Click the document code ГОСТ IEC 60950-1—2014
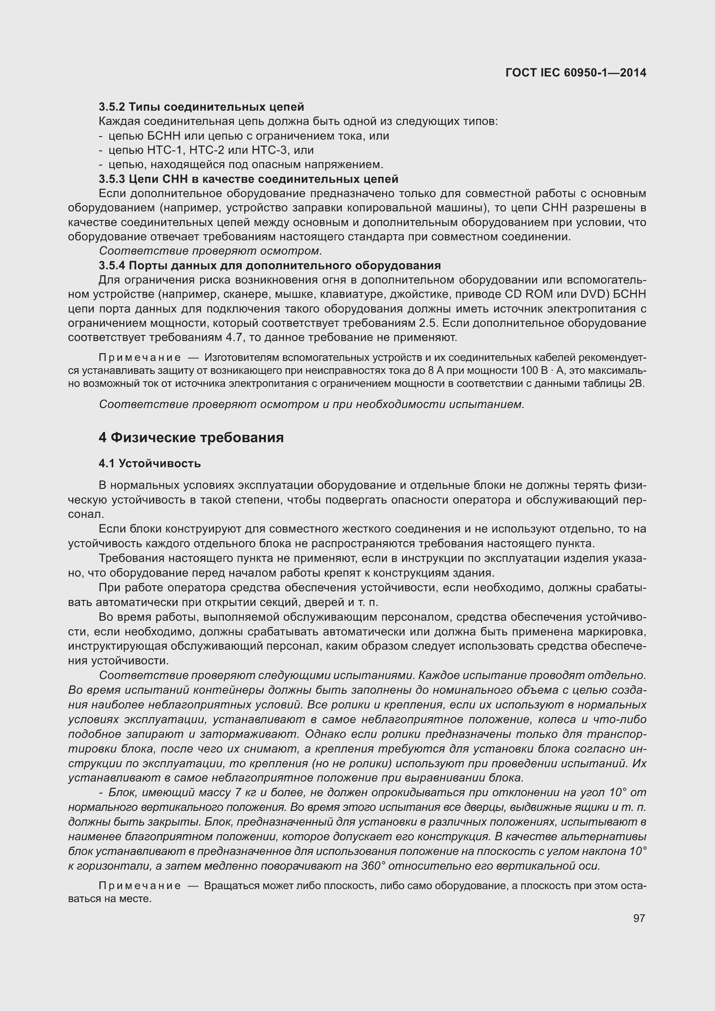pos(576,73)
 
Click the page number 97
pos(639,918)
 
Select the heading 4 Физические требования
pos(191,438)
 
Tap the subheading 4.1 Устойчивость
pos(150,463)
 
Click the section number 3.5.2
pos(112,107)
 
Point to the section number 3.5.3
pos(112,179)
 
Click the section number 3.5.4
pos(112,265)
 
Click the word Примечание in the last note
pos(139,886)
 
